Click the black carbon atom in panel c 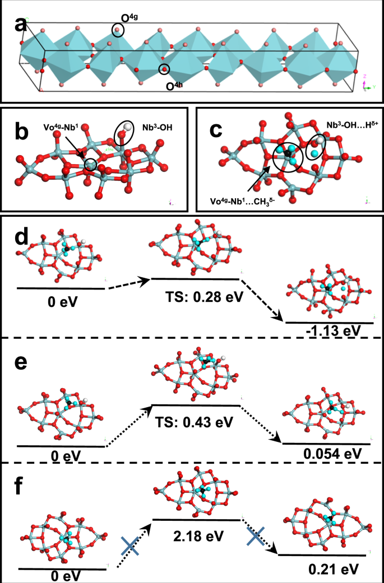(288, 152)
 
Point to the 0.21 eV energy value (325, 569)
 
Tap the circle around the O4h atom (164, 69)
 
